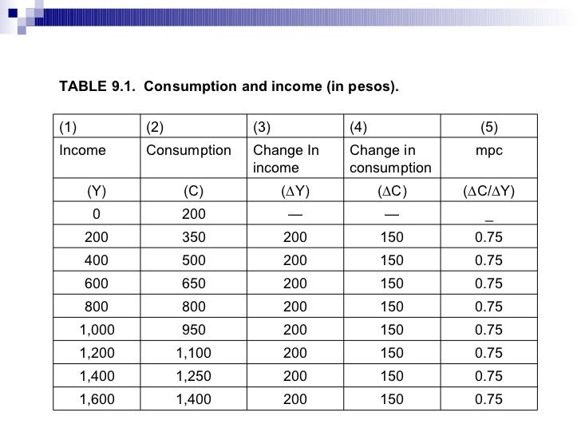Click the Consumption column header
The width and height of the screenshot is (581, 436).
[x=188, y=150]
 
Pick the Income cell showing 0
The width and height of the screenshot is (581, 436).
[x=97, y=214]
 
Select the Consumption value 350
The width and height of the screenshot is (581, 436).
[x=194, y=237]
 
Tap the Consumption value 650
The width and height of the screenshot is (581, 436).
[x=194, y=283]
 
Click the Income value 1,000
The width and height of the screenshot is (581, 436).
[x=97, y=330]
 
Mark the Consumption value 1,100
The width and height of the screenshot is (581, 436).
[x=194, y=353]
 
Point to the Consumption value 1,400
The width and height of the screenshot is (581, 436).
[x=194, y=399]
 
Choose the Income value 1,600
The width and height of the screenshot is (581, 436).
[x=97, y=399]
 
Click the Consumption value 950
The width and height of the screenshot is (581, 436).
[x=194, y=330]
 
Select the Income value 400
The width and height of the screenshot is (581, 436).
[x=97, y=260]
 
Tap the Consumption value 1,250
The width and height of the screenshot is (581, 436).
[x=194, y=376]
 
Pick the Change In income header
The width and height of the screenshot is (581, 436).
[x=285, y=159]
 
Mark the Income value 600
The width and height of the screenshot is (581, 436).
[x=97, y=283]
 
